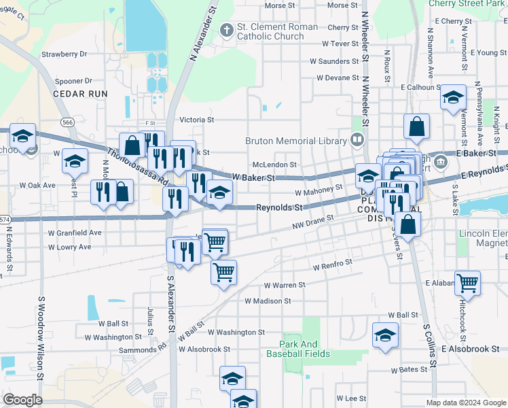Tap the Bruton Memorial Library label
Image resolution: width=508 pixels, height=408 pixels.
pyautogui.click(x=297, y=141)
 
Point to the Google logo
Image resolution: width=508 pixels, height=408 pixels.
pyautogui.click(x=22, y=399)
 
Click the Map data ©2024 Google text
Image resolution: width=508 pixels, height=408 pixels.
pyautogui.click(x=465, y=403)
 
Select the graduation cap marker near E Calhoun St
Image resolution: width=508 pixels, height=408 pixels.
pyautogui.click(x=453, y=97)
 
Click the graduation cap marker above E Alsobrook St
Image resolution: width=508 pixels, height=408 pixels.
pyautogui.click(x=386, y=335)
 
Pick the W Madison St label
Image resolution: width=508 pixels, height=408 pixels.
pyautogui.click(x=268, y=301)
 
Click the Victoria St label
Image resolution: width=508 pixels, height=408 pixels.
pyautogui.click(x=197, y=120)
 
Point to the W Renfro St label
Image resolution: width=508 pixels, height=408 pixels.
pyautogui.click(x=333, y=264)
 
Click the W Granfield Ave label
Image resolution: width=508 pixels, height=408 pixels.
pyautogui.click(x=74, y=233)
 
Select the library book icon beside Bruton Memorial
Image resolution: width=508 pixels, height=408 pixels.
pyautogui.click(x=357, y=140)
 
